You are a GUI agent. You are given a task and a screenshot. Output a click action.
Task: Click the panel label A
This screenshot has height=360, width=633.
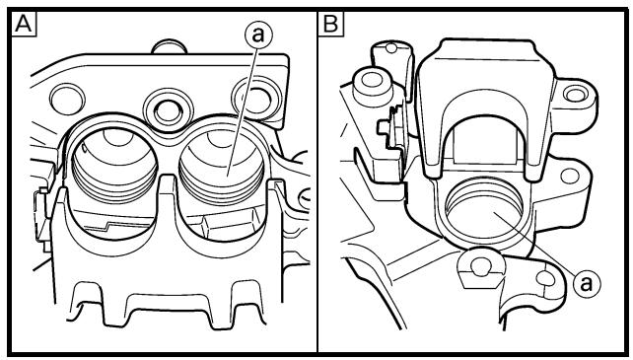tap(24, 25)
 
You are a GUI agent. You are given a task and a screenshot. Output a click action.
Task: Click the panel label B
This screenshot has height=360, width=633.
tap(331, 25)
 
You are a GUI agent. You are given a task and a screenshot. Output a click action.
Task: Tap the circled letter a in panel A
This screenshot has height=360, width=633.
tap(258, 35)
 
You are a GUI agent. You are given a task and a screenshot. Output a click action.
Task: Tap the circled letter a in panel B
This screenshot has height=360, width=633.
tap(587, 284)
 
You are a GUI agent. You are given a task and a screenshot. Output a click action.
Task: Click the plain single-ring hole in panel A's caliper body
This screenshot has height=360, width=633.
tap(67, 99)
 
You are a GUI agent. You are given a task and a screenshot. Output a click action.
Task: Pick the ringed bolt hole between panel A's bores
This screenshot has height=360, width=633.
tap(168, 111)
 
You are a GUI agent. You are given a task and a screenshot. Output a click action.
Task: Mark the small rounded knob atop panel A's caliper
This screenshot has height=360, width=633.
tap(170, 46)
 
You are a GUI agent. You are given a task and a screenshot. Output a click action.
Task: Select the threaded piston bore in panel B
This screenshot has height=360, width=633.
tap(484, 211)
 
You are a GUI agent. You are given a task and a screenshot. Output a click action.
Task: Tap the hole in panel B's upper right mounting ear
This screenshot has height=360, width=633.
tap(575, 95)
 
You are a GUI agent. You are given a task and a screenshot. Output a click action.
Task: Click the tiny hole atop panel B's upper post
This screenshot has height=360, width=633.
tap(390, 48)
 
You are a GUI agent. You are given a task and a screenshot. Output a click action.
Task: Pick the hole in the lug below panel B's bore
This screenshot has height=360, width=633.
tap(481, 267)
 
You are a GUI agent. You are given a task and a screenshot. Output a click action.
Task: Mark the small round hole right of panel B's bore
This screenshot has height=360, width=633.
tap(569, 176)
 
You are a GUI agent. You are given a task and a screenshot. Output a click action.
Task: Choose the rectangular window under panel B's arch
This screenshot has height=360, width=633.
tap(485, 144)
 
